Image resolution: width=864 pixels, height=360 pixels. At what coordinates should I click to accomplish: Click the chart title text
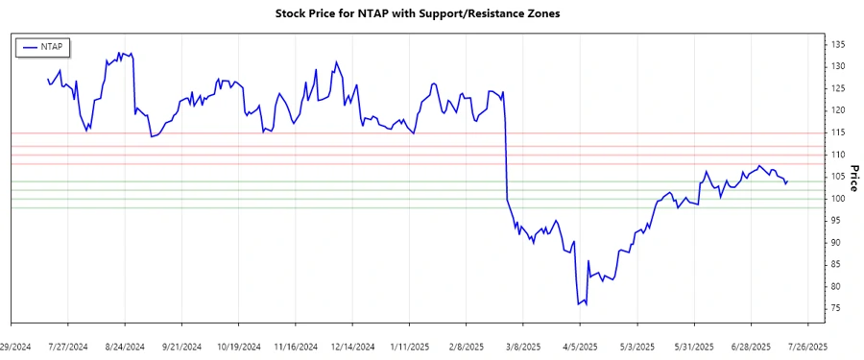pos(430,14)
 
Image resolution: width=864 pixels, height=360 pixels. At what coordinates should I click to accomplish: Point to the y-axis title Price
pos(854,178)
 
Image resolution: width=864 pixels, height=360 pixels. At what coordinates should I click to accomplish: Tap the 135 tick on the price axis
pos(838,45)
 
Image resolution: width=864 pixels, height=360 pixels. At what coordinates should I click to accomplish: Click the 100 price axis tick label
pos(838,199)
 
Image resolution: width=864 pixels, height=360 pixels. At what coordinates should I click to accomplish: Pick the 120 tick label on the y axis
pos(838,110)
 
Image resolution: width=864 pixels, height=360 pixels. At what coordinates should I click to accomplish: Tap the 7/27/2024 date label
pos(69,346)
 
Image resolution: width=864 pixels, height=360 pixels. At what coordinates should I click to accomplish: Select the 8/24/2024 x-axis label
pos(125,346)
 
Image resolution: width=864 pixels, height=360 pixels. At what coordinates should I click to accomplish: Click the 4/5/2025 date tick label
pos(580,346)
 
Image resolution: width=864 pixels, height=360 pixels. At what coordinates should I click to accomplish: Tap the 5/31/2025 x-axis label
pos(694,346)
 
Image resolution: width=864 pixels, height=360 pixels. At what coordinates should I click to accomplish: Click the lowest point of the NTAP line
pos(579,305)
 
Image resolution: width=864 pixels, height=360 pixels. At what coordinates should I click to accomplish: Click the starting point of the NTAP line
pos(47,79)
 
